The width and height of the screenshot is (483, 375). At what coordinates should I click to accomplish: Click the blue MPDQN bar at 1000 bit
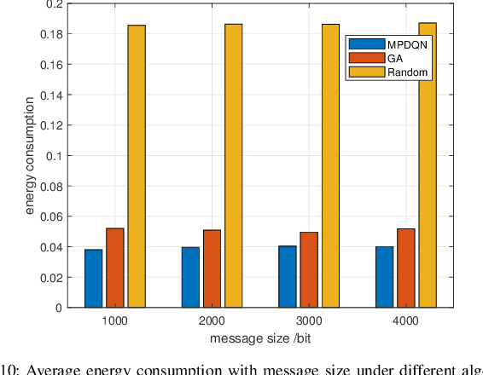94,279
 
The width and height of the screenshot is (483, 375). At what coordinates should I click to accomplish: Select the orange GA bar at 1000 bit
115,268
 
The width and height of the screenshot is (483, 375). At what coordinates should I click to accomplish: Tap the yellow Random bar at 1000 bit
137,166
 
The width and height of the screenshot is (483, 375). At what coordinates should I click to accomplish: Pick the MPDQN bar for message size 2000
190,277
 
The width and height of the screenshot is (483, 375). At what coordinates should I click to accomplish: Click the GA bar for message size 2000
212,268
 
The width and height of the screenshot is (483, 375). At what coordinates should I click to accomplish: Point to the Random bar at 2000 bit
233,165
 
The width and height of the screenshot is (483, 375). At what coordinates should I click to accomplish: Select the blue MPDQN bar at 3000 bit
288,277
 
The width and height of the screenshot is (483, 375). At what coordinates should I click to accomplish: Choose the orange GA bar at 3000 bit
309,269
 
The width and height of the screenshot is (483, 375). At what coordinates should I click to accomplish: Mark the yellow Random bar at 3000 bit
330,165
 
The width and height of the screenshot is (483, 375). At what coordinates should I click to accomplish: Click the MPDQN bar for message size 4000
384,277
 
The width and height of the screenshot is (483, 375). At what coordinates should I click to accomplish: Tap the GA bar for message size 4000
405,268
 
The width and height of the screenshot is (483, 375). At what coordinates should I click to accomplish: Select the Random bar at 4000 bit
427,165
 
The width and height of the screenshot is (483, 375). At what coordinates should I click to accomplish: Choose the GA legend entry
389,59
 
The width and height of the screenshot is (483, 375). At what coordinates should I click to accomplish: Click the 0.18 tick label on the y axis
52,34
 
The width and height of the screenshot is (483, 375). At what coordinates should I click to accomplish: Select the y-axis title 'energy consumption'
30,155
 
